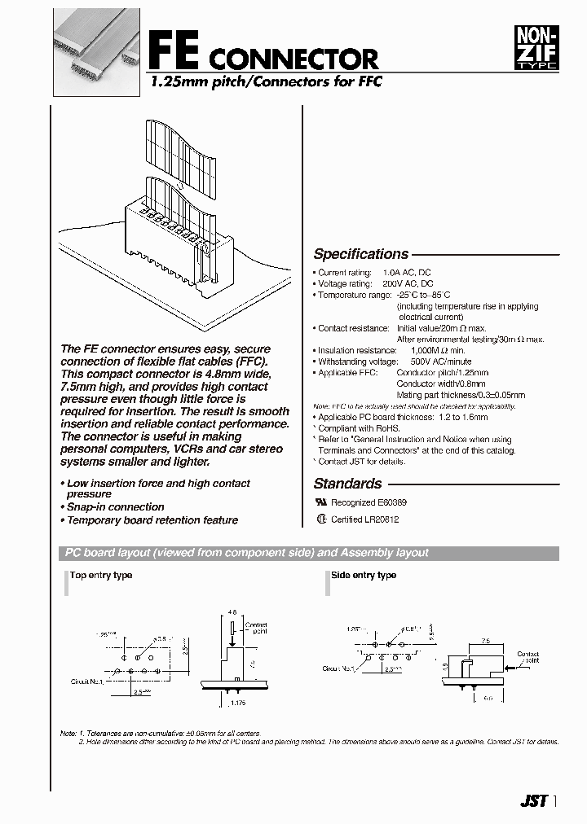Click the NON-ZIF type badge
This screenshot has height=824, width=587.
(x=535, y=46)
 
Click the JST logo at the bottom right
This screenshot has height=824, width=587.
(x=533, y=801)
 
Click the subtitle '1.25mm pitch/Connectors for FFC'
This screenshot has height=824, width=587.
(x=264, y=81)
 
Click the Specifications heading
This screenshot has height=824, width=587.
(x=361, y=254)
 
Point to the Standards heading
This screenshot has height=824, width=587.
(x=347, y=484)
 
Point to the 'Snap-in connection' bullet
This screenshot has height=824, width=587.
(x=115, y=507)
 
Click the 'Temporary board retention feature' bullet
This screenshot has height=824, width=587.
(x=152, y=520)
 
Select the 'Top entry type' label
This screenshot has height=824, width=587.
(x=101, y=576)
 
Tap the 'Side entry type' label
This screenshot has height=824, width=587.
(x=364, y=576)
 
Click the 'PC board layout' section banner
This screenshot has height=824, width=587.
(x=246, y=553)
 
